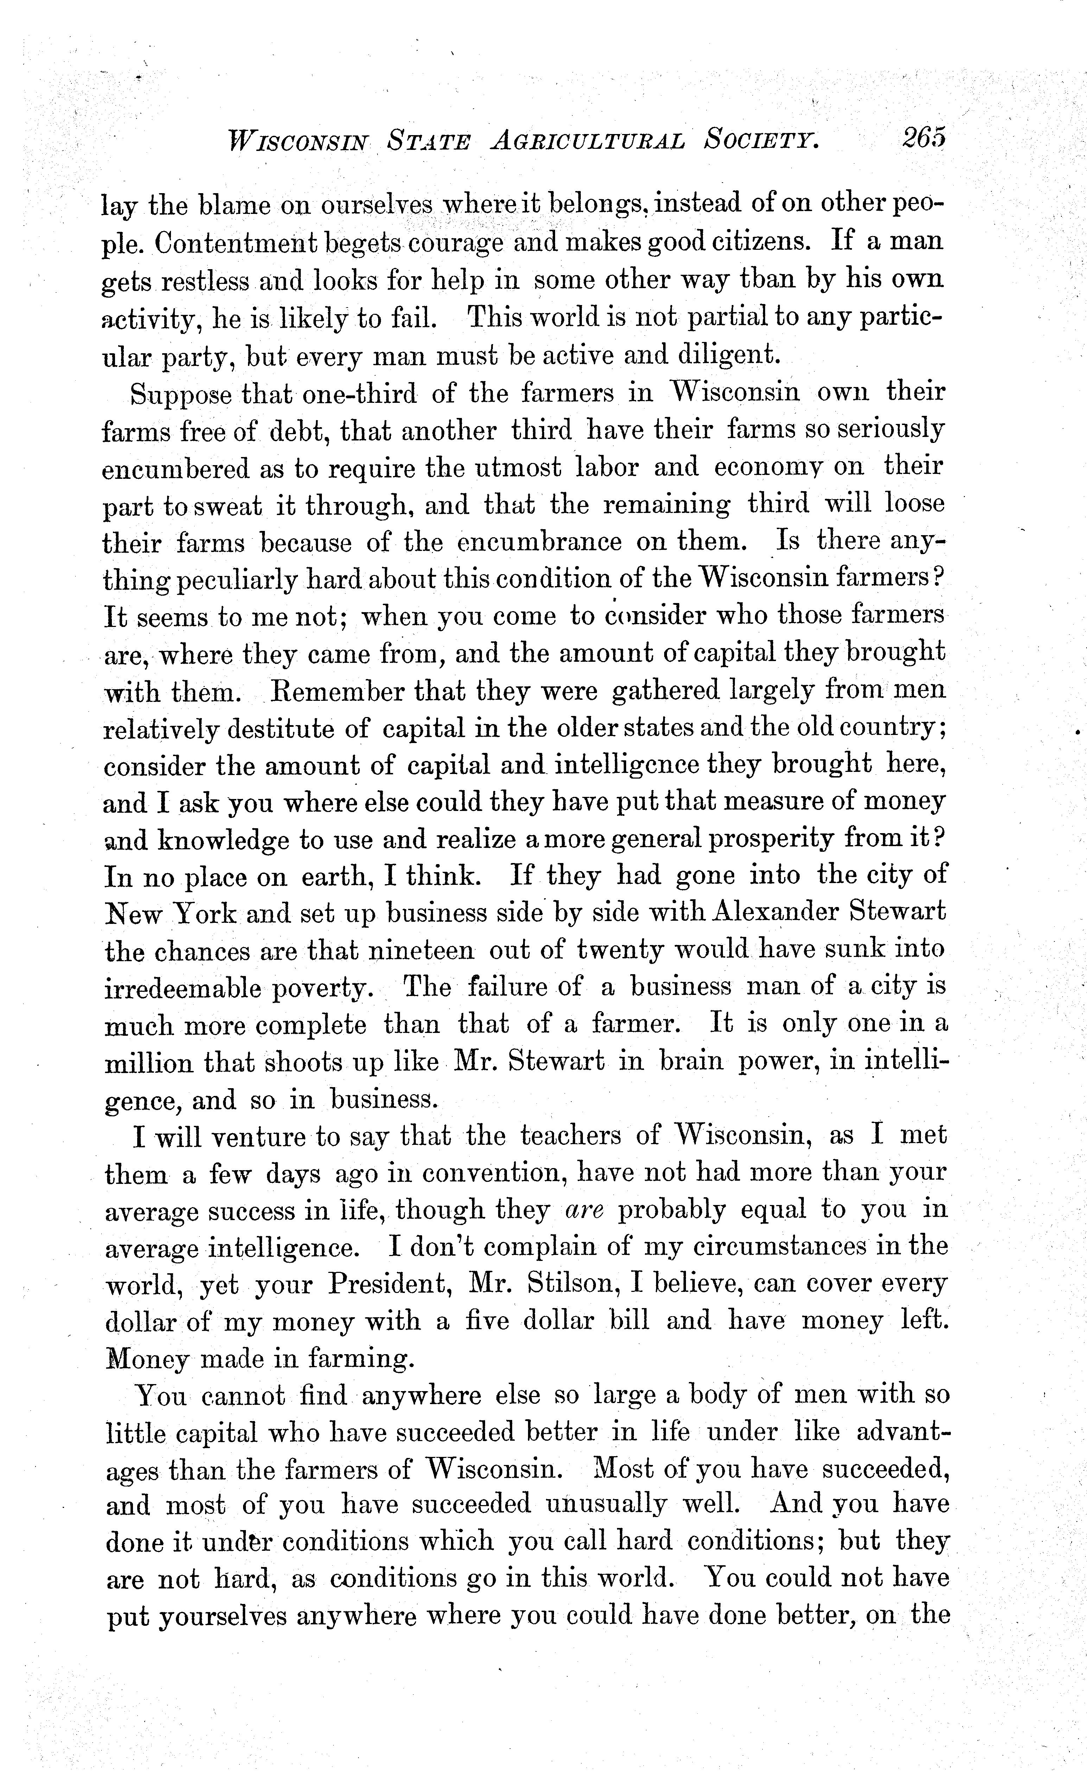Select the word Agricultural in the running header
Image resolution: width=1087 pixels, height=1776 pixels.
(587, 138)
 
